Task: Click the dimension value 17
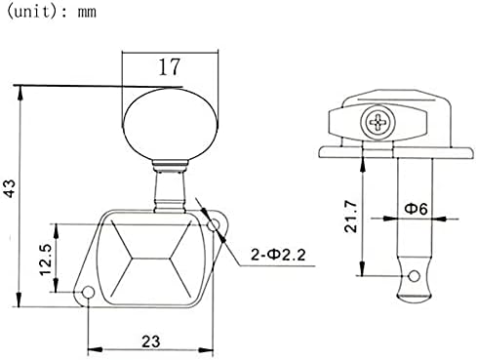pos(169,67)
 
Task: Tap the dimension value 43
pos(10,188)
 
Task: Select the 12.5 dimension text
pos(46,260)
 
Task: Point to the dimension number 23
pos(151,341)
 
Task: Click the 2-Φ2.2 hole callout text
pos(278,255)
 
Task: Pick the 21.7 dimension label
pos(351,216)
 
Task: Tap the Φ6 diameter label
pos(416,208)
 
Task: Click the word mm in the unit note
pos(87,13)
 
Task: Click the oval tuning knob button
pos(170,124)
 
